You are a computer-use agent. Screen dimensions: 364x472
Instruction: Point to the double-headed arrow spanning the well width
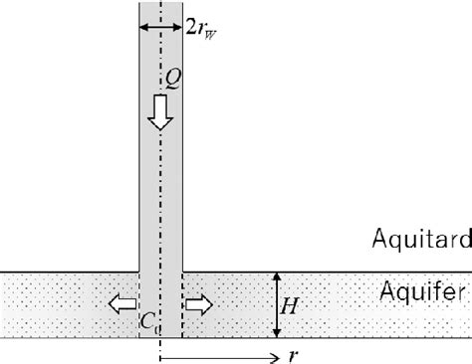coord(160,27)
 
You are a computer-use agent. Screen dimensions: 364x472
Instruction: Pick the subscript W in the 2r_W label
coord(213,31)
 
